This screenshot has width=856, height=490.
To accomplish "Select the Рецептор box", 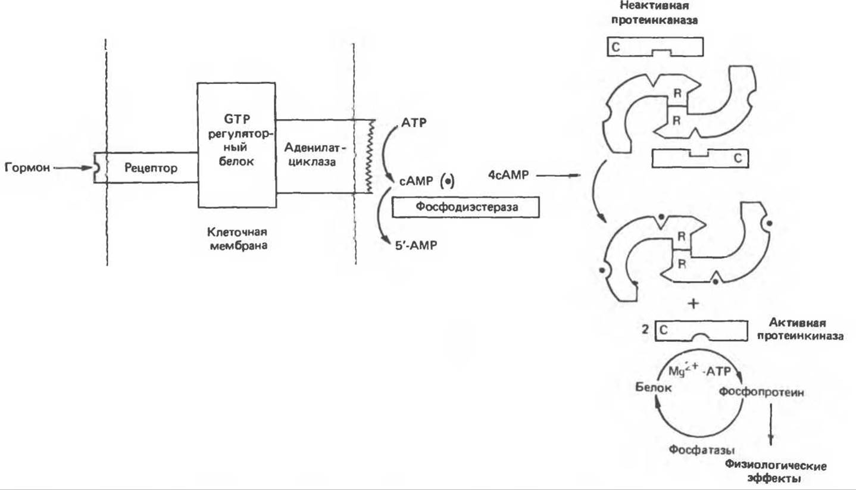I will pos(151,168).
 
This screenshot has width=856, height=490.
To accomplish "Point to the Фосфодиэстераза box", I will pos(466,208).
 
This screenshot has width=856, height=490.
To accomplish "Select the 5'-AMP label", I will pos(410,245).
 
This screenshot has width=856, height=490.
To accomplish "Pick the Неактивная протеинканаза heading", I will pos(653,13).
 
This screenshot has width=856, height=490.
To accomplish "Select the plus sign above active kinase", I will pos(692,303).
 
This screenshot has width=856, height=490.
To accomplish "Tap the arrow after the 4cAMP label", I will pos(560,176).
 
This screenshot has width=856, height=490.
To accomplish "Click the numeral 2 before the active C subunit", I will pos(646,329).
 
